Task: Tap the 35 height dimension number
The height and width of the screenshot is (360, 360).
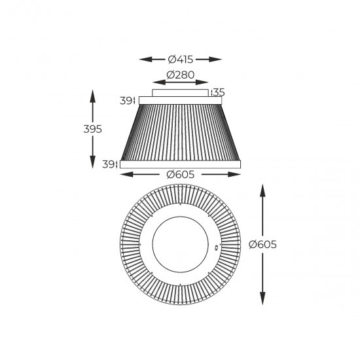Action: tap(219, 93)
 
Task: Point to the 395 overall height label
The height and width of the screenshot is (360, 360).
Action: tap(93, 130)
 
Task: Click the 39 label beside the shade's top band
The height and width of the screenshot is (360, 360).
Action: tap(126, 100)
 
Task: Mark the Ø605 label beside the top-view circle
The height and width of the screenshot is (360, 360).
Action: tap(263, 244)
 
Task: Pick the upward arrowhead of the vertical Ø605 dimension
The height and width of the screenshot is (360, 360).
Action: tap(263, 189)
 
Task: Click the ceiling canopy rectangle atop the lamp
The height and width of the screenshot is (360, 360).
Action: tap(181, 92)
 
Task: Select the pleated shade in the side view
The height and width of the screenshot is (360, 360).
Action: tap(181, 131)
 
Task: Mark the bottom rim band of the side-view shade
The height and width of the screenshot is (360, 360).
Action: tap(181, 163)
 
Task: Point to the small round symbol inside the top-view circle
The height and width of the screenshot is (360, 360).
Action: tap(219, 248)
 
